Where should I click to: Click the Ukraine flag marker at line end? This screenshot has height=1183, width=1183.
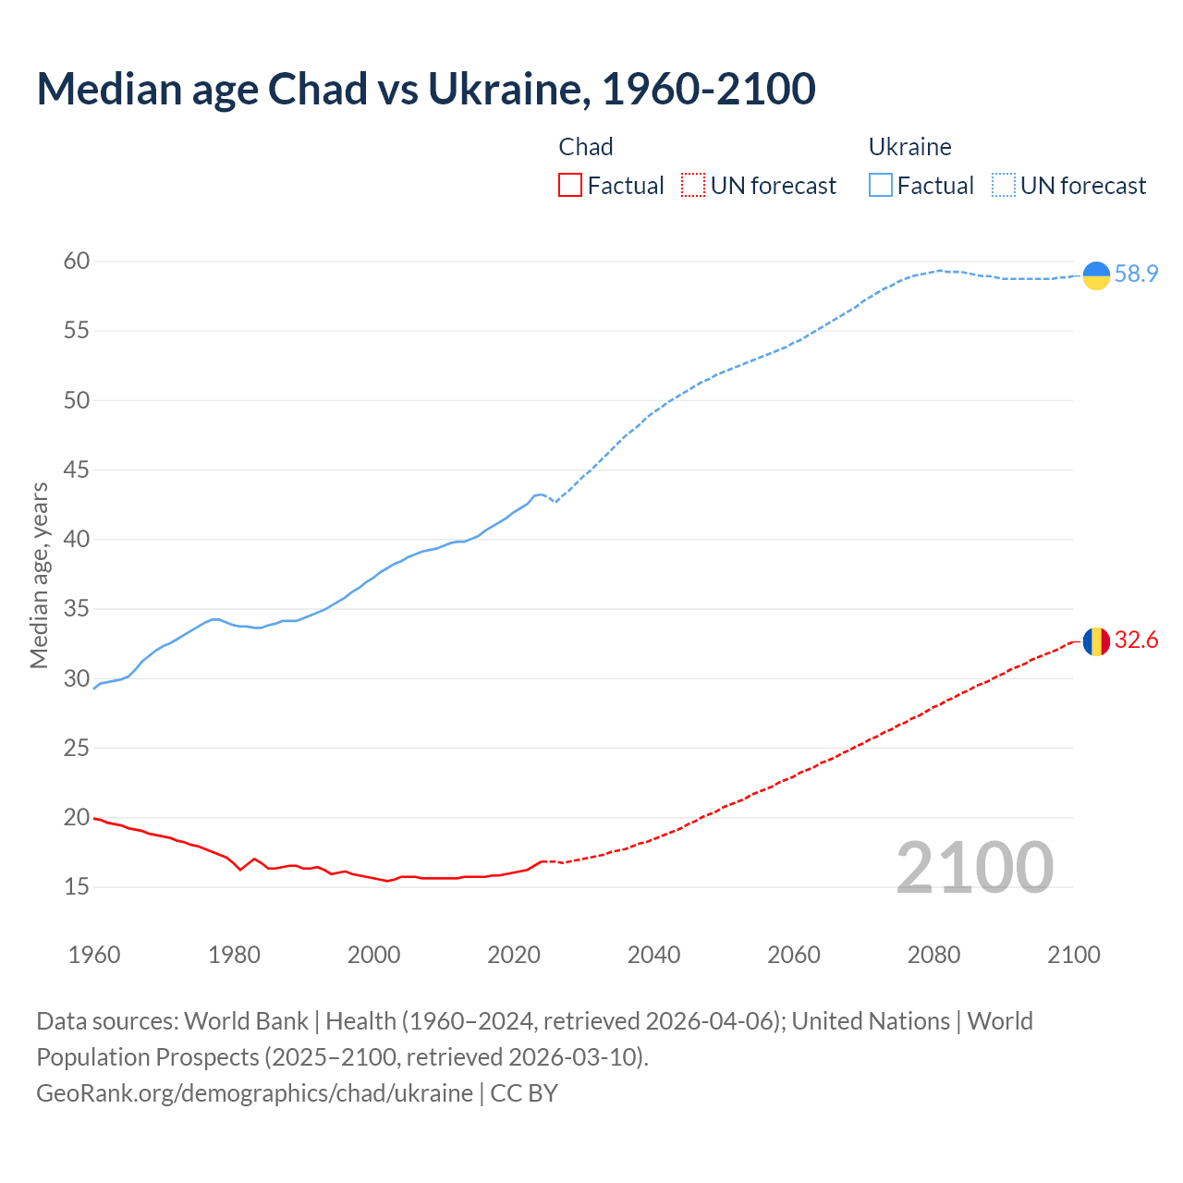pos(1096,275)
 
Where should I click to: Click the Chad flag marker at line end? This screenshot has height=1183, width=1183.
pos(1096,641)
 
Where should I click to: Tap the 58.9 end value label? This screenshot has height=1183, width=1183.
pos(1136,274)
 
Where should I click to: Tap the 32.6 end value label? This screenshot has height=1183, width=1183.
pos(1136,640)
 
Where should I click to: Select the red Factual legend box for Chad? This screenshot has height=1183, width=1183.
pos(570,186)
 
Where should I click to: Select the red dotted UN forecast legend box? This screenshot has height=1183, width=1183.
pos(693,186)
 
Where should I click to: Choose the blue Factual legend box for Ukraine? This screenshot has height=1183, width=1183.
pos(881,186)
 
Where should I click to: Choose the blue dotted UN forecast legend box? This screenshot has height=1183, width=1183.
pos(1004,186)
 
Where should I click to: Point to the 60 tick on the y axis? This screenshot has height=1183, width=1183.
pos(77,262)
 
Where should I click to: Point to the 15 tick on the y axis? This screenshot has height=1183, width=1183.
pos(77,887)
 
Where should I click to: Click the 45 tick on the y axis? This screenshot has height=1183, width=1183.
pos(77,470)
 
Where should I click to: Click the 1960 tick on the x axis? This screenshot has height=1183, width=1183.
pos(94,955)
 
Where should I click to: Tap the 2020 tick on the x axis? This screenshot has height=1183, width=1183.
pos(514,955)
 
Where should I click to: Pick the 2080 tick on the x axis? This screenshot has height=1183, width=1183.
pos(933,955)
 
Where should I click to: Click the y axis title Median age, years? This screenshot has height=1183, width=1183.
pos(39,575)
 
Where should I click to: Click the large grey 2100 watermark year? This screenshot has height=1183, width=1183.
pos(974,868)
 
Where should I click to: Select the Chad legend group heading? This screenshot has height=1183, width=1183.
pos(586,147)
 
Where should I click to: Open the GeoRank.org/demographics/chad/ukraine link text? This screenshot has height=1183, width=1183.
pos(254,1093)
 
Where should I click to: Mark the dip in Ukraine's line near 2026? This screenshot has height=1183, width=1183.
pos(555,502)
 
